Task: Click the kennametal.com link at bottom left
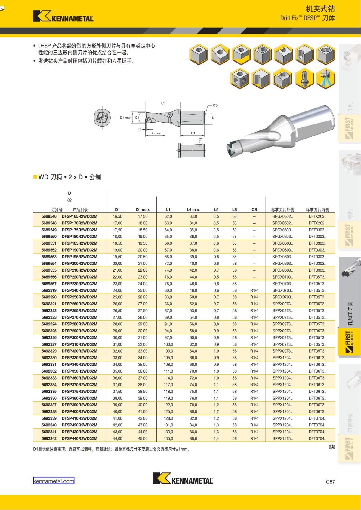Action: [54, 481]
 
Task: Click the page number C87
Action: [330, 481]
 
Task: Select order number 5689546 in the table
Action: [49, 216]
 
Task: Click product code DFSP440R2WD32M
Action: [79, 438]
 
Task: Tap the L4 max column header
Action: [193, 209]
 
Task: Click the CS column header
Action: [254, 209]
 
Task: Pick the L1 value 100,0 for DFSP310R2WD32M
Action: [168, 344]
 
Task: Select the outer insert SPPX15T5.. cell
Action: [282, 438]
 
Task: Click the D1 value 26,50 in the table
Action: [117, 311]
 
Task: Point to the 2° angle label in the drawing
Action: [201, 139]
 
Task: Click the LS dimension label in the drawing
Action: [193, 133]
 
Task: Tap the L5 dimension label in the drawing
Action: [140, 129]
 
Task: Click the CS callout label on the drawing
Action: [215, 105]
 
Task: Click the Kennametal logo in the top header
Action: [63, 16]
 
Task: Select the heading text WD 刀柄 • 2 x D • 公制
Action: [69, 177]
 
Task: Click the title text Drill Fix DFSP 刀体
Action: [307, 18]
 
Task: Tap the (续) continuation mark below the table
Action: [332, 447]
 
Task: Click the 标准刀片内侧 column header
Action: [317, 209]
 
